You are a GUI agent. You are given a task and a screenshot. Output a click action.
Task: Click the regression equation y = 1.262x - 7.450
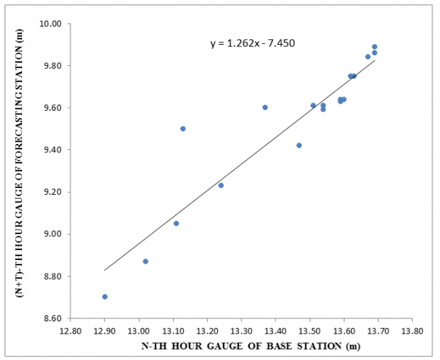pos(252,43)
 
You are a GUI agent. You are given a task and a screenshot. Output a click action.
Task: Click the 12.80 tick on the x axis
pos(71,331)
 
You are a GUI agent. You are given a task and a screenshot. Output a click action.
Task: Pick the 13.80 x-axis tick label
pos(412,331)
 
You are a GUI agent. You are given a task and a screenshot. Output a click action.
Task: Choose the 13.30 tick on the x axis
pos(241,331)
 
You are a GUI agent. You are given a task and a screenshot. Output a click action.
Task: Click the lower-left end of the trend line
pos(105,270)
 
